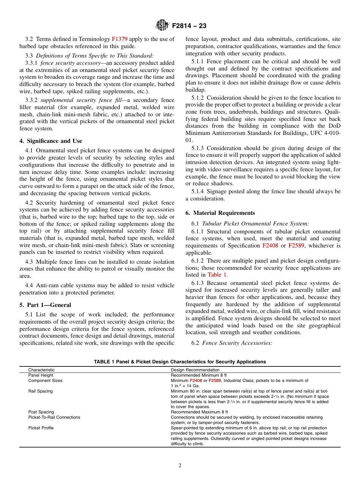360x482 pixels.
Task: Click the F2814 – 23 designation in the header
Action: click(189, 26)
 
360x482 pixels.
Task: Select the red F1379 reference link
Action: click(119, 39)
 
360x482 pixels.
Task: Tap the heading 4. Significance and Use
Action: click(50, 141)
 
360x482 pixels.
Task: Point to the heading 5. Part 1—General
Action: click(45, 305)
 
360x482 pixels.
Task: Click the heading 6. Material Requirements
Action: click(220, 213)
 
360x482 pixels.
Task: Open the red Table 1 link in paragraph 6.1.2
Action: click(217, 275)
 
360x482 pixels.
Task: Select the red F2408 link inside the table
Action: click(196, 380)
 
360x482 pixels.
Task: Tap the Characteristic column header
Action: click(41, 370)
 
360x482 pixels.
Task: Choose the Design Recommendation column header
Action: click(195, 370)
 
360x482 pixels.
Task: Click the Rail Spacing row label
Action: click(41, 391)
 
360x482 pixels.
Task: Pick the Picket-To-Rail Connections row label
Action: click(54, 417)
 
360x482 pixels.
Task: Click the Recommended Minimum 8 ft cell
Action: click(199, 375)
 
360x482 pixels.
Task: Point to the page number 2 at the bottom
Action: click(180, 466)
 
